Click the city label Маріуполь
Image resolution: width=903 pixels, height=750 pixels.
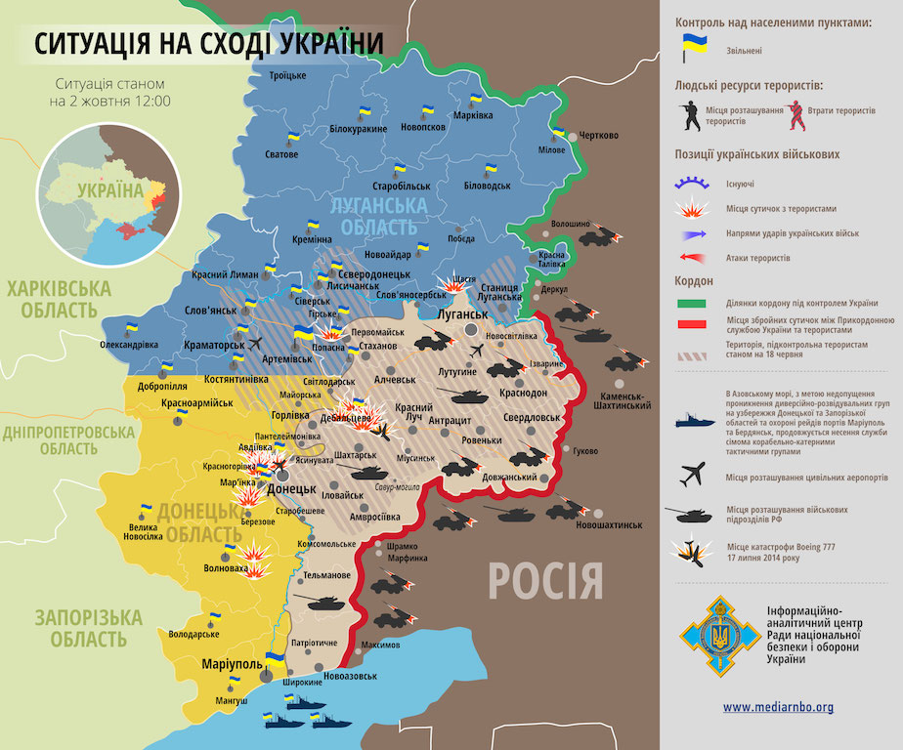click(232, 665)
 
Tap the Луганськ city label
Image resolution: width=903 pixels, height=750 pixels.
click(461, 314)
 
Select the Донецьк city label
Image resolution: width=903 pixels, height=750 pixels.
click(291, 487)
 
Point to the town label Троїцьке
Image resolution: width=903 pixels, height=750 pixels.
click(287, 75)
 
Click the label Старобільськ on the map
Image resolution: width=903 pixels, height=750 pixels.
click(401, 186)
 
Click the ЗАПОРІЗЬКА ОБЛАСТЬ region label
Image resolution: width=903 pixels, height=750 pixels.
click(87, 628)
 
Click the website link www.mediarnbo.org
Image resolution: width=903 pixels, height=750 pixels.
click(778, 706)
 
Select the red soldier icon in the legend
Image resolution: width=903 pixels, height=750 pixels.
click(796, 115)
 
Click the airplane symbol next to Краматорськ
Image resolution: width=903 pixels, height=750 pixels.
click(256, 344)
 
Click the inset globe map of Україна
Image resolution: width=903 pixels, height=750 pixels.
click(102, 194)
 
